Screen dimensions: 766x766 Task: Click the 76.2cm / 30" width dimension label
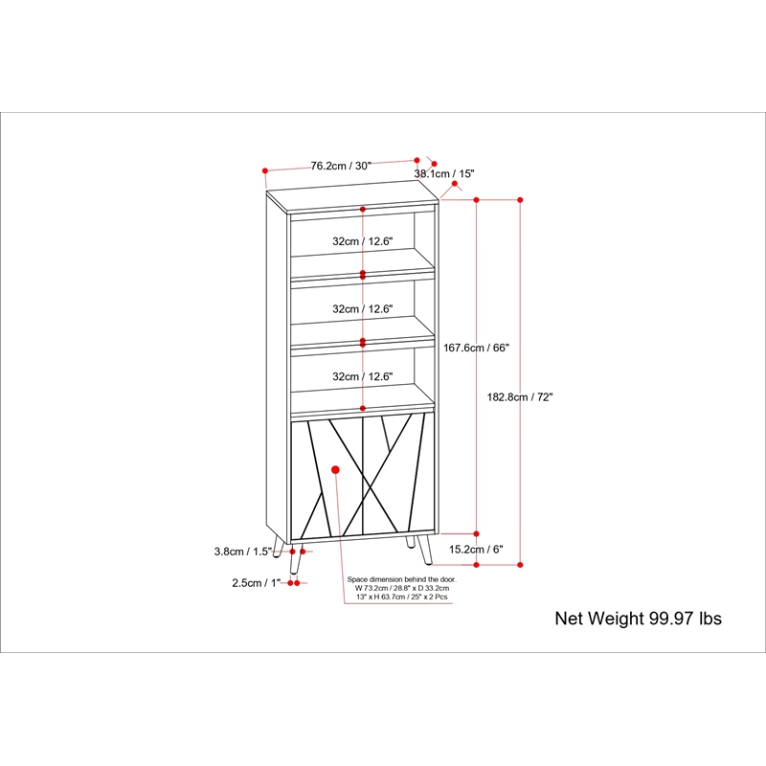341,166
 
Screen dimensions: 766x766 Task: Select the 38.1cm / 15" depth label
444,174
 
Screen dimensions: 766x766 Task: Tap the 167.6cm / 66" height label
476,348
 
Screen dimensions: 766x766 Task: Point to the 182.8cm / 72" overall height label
520,397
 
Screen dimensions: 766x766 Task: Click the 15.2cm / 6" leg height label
476,550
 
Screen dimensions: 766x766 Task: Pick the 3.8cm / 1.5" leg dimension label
243,552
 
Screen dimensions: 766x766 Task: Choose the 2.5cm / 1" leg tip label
257,583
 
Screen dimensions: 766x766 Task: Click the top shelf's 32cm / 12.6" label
363,241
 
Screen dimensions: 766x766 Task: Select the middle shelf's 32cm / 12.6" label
363,309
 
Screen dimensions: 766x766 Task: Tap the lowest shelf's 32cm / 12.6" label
363,376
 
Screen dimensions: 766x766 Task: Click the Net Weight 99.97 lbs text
638,619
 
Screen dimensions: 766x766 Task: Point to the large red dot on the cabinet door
335,470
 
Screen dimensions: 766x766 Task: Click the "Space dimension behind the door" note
401,588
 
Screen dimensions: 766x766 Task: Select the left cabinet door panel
327,479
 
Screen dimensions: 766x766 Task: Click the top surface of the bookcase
352,196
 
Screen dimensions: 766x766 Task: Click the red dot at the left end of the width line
265,171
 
